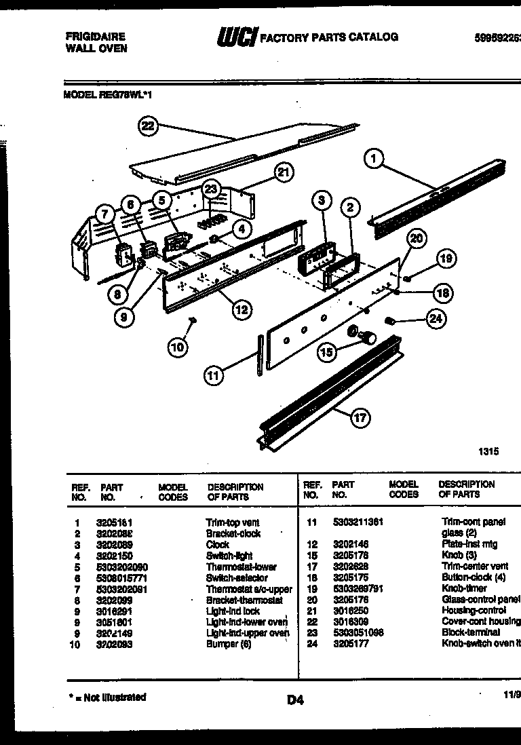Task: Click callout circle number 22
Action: (x=148, y=126)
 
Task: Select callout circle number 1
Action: (x=374, y=159)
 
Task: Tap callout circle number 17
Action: (x=360, y=418)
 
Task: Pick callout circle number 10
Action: (x=177, y=347)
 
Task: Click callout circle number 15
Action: (x=328, y=351)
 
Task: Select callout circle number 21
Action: (x=284, y=173)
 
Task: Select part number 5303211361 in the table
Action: (x=358, y=522)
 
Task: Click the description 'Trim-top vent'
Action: (x=233, y=522)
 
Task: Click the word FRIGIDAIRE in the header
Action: (x=95, y=37)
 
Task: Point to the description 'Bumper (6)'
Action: (x=229, y=644)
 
